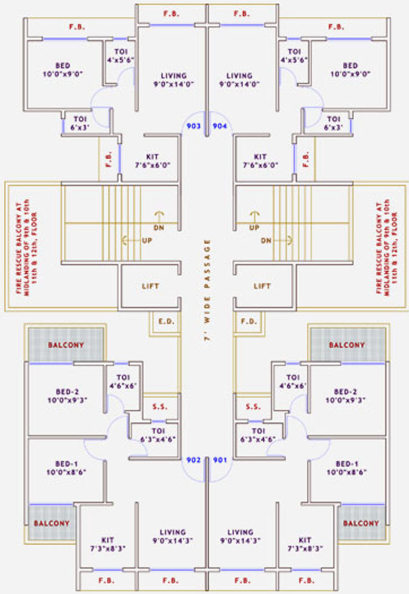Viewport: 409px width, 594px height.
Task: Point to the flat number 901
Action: click(x=219, y=459)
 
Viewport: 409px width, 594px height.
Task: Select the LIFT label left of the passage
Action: click(x=150, y=286)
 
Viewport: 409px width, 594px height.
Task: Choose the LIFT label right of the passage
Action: click(x=262, y=286)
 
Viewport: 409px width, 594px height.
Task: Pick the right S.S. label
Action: click(x=253, y=407)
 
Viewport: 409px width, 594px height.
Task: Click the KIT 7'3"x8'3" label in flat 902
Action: click(x=110, y=544)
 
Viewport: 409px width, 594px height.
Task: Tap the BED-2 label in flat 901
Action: click(x=347, y=396)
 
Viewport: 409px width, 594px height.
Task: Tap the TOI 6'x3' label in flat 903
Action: click(x=80, y=123)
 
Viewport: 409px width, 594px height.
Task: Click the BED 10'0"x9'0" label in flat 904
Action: click(x=350, y=69)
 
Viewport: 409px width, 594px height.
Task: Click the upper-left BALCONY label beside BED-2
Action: click(x=66, y=345)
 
